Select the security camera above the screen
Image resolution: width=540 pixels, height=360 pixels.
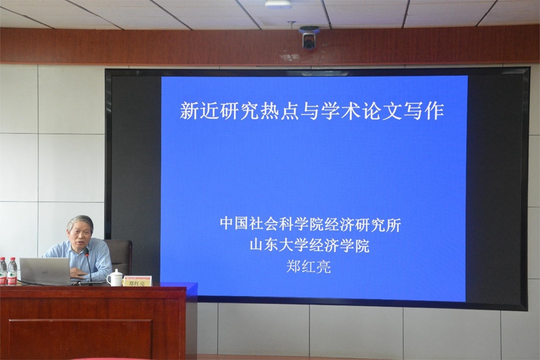click(x=308, y=37)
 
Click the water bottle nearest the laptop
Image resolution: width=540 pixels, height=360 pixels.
click(x=13, y=271)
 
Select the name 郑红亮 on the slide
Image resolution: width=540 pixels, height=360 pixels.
click(x=308, y=266)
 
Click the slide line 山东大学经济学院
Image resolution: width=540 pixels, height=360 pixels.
click(x=310, y=245)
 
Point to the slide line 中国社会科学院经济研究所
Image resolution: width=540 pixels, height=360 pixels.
click(x=310, y=225)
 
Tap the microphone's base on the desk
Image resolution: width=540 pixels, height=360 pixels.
click(x=92, y=283)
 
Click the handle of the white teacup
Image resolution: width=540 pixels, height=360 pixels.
click(x=109, y=278)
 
